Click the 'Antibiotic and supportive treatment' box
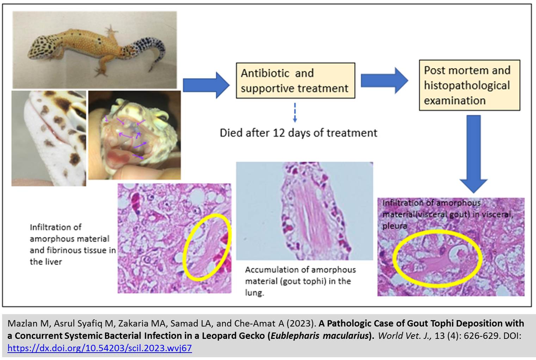coord(296,80)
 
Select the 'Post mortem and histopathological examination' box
coord(469,85)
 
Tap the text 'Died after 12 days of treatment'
coord(298,133)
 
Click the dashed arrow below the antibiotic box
coord(295,112)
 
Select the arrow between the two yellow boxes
coord(384,80)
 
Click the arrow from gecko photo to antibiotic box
coord(206,85)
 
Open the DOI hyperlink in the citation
coord(99,348)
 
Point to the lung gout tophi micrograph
coord(304,211)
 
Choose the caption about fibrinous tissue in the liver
coord(73,244)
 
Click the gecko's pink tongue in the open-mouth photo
coord(118,157)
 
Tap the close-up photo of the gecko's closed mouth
coord(49,138)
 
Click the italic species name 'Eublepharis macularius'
coord(320,336)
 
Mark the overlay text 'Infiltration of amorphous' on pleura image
coord(431,203)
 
